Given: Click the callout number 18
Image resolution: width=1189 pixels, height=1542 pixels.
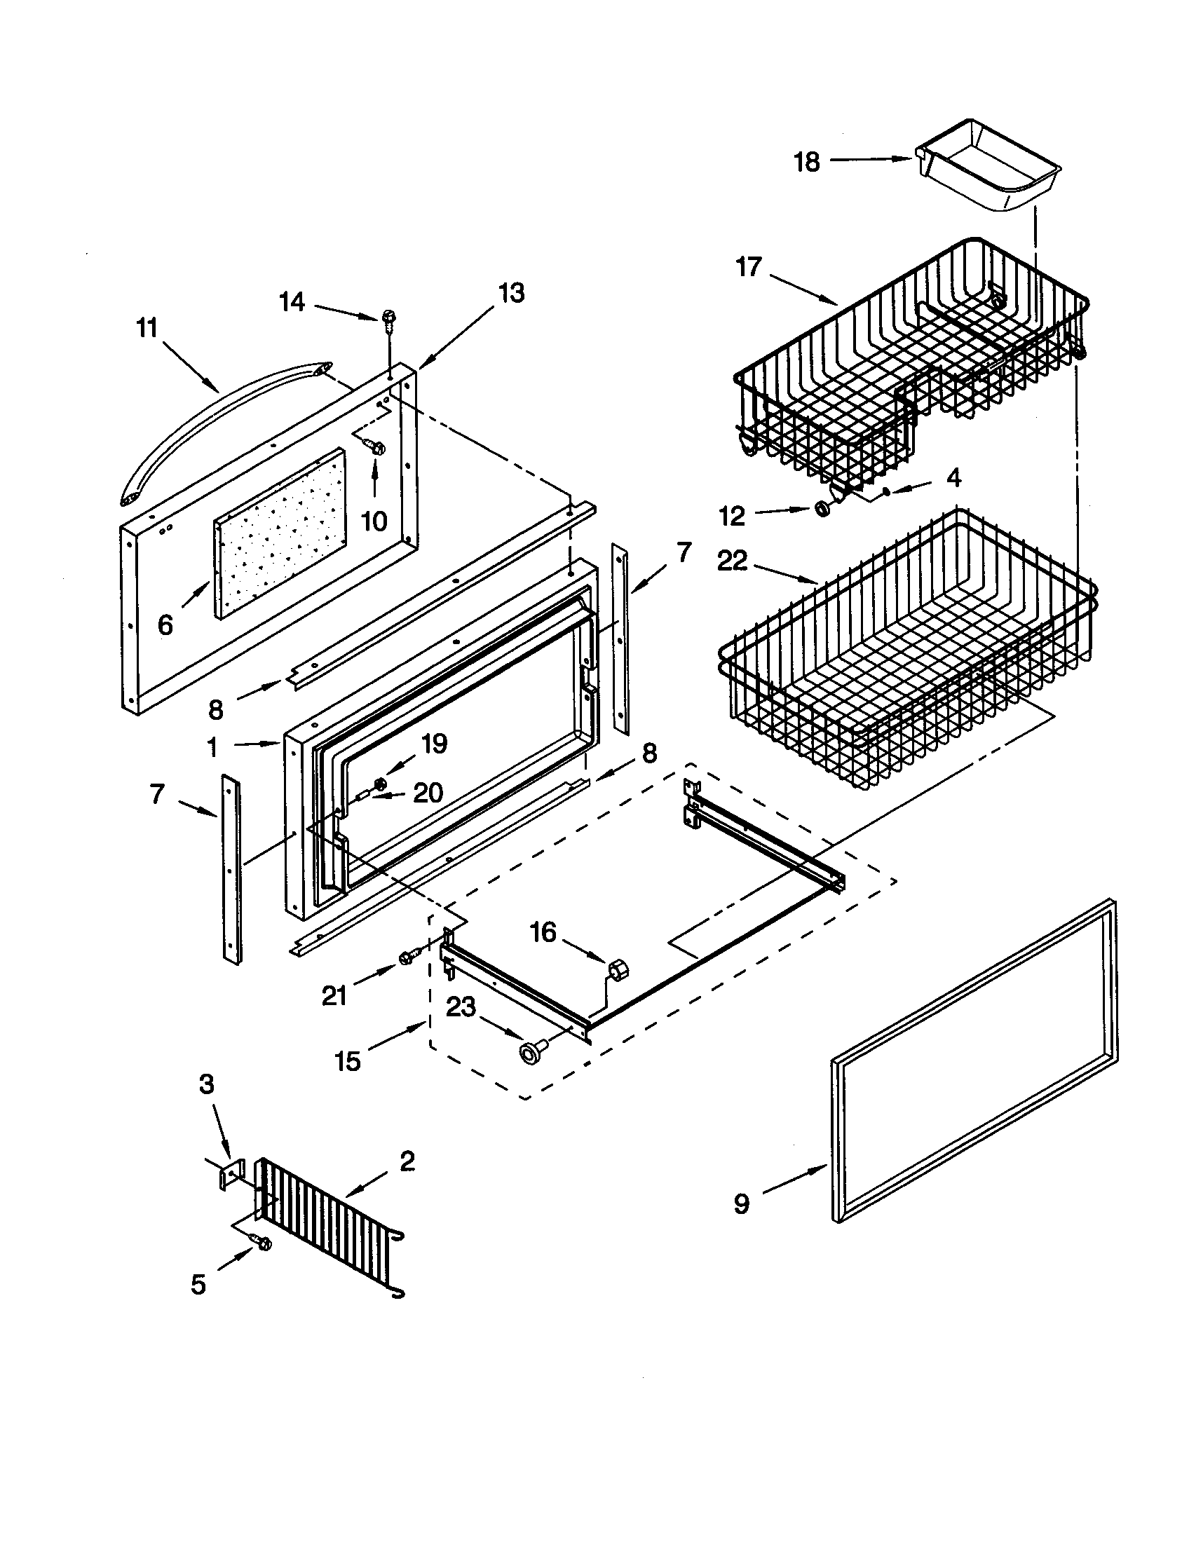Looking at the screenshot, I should (807, 162).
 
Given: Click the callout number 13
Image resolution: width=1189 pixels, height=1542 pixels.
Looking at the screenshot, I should (511, 292).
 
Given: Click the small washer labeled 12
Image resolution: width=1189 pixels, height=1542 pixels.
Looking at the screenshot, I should (822, 508).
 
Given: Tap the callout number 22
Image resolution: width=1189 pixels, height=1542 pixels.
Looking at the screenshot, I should (732, 561).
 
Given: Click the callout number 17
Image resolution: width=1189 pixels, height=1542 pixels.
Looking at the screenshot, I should (749, 268).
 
